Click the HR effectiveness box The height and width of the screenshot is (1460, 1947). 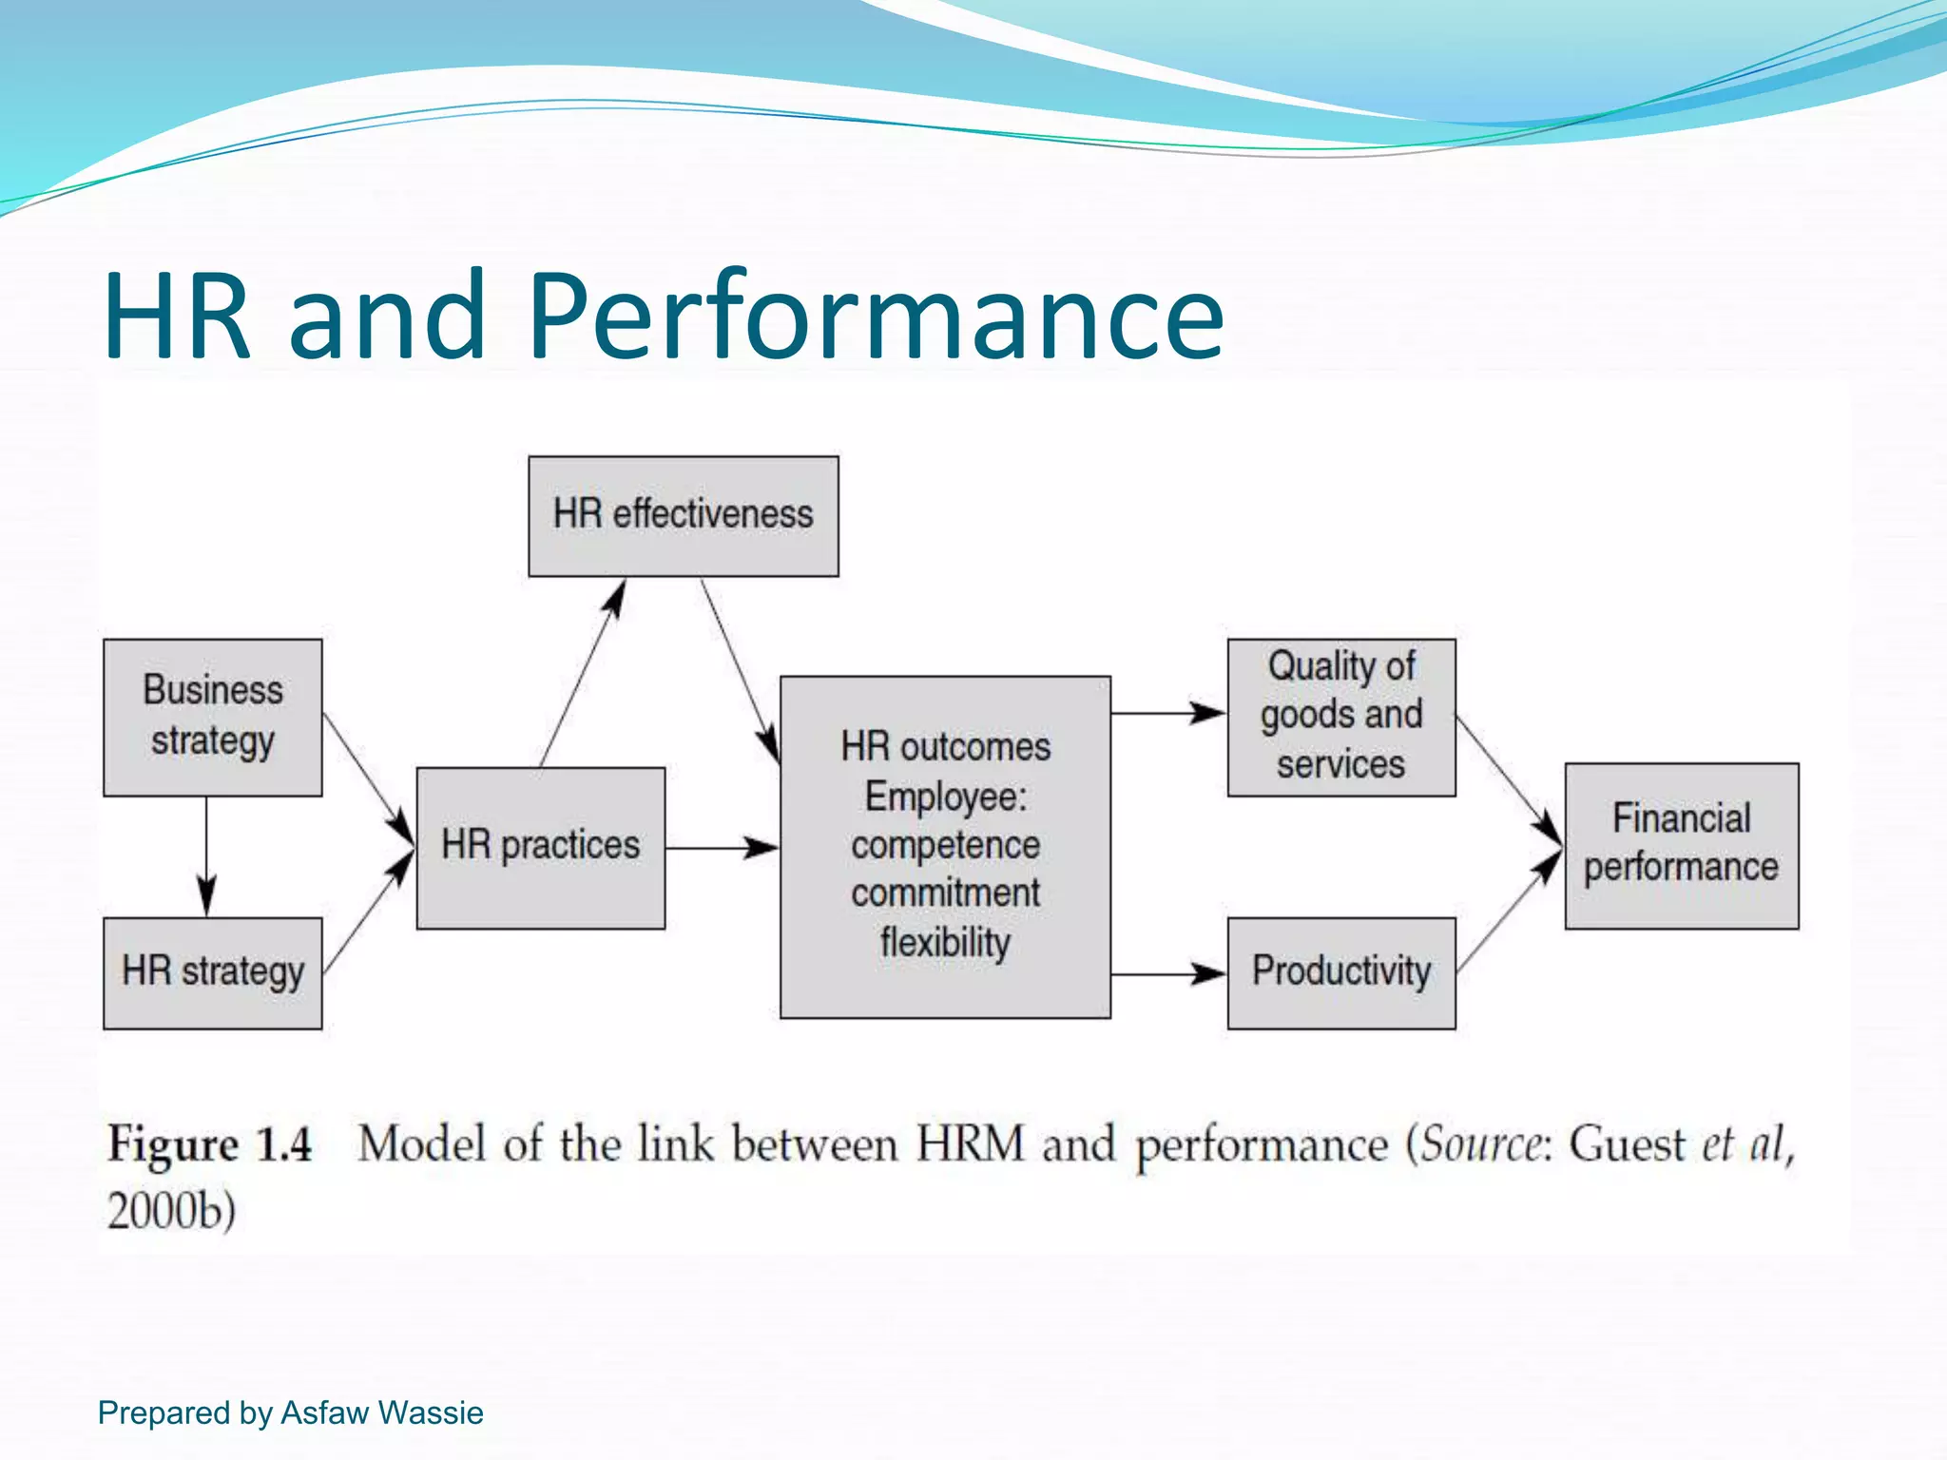click(x=683, y=515)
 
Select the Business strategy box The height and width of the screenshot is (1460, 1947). click(x=212, y=717)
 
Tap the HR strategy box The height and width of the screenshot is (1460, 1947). click(x=212, y=972)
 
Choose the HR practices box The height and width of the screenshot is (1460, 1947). click(x=540, y=847)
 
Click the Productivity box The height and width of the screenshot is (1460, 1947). click(x=1340, y=972)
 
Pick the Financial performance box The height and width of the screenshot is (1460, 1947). click(x=1681, y=845)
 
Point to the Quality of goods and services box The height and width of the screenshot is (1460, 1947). click(x=1340, y=717)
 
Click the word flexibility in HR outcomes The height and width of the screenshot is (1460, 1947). click(x=945, y=943)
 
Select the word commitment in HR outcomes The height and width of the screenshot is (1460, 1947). click(x=945, y=893)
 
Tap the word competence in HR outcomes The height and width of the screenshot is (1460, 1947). click(x=945, y=845)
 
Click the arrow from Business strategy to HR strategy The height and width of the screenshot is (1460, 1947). click(x=206, y=855)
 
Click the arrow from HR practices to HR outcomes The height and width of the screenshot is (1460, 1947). click(x=722, y=847)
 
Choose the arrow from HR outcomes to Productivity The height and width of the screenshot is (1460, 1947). click(x=1167, y=974)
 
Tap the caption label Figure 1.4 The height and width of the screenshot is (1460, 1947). click(x=210, y=1143)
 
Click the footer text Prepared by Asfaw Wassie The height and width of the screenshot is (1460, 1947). click(x=290, y=1413)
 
